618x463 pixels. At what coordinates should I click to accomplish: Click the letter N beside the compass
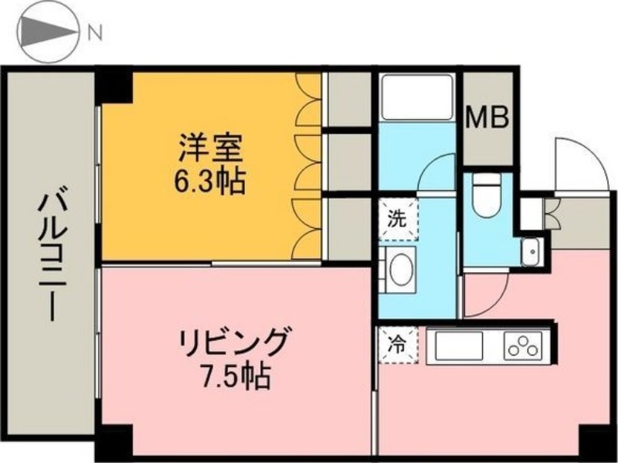coord(94,34)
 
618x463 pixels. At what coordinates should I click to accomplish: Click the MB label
coord(487,118)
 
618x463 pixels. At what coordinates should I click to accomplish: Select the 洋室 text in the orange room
coord(210,148)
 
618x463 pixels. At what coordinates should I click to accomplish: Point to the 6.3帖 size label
coord(210,181)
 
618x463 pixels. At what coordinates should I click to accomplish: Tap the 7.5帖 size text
coord(236,376)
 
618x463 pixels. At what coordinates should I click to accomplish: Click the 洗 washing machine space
coord(398,220)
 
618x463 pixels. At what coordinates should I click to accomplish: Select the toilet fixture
coord(486,196)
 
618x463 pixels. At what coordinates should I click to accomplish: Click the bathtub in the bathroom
coord(418,97)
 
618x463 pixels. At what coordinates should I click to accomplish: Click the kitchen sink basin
coord(459,346)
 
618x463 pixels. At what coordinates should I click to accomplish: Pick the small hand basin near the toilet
coord(531,252)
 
